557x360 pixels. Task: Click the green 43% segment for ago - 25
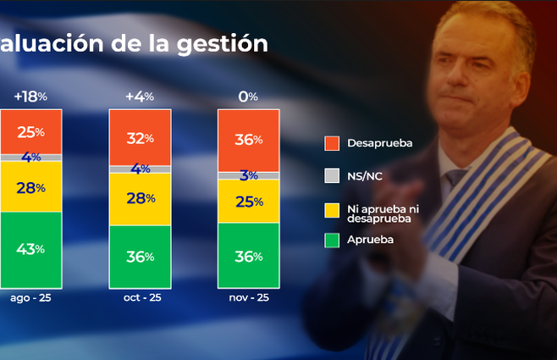[x=30, y=249]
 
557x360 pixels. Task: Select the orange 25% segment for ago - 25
[x=30, y=132]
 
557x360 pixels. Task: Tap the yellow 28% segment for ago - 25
[x=30, y=187]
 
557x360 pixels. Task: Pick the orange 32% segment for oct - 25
[x=140, y=138]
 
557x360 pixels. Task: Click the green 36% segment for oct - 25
[x=140, y=256]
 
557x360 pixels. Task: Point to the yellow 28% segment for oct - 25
[x=140, y=198]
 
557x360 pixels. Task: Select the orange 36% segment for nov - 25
[x=248, y=141]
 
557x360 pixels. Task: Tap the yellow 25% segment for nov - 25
[x=248, y=202]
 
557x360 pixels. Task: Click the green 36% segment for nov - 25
[x=248, y=256]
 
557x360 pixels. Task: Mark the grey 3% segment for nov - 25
[x=248, y=175]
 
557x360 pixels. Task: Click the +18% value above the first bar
[x=30, y=97]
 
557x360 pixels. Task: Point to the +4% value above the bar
[x=140, y=97]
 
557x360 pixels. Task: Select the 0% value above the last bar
[x=248, y=97]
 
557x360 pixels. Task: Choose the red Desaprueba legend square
[x=332, y=143]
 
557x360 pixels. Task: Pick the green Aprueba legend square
[x=332, y=241]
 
